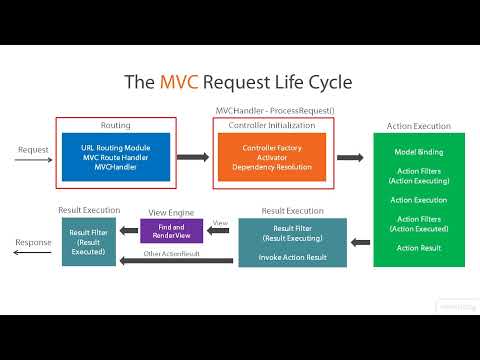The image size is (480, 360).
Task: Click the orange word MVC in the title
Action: [185, 81]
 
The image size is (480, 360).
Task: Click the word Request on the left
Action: [33, 151]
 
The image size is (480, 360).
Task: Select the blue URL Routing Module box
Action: [117, 156]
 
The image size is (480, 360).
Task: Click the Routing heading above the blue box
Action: [116, 125]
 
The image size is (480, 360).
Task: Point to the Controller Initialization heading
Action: [272, 125]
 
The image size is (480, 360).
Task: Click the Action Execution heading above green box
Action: [418, 126]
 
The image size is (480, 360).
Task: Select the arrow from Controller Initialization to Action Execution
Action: [349, 157]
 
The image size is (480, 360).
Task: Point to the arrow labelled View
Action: [220, 232]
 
